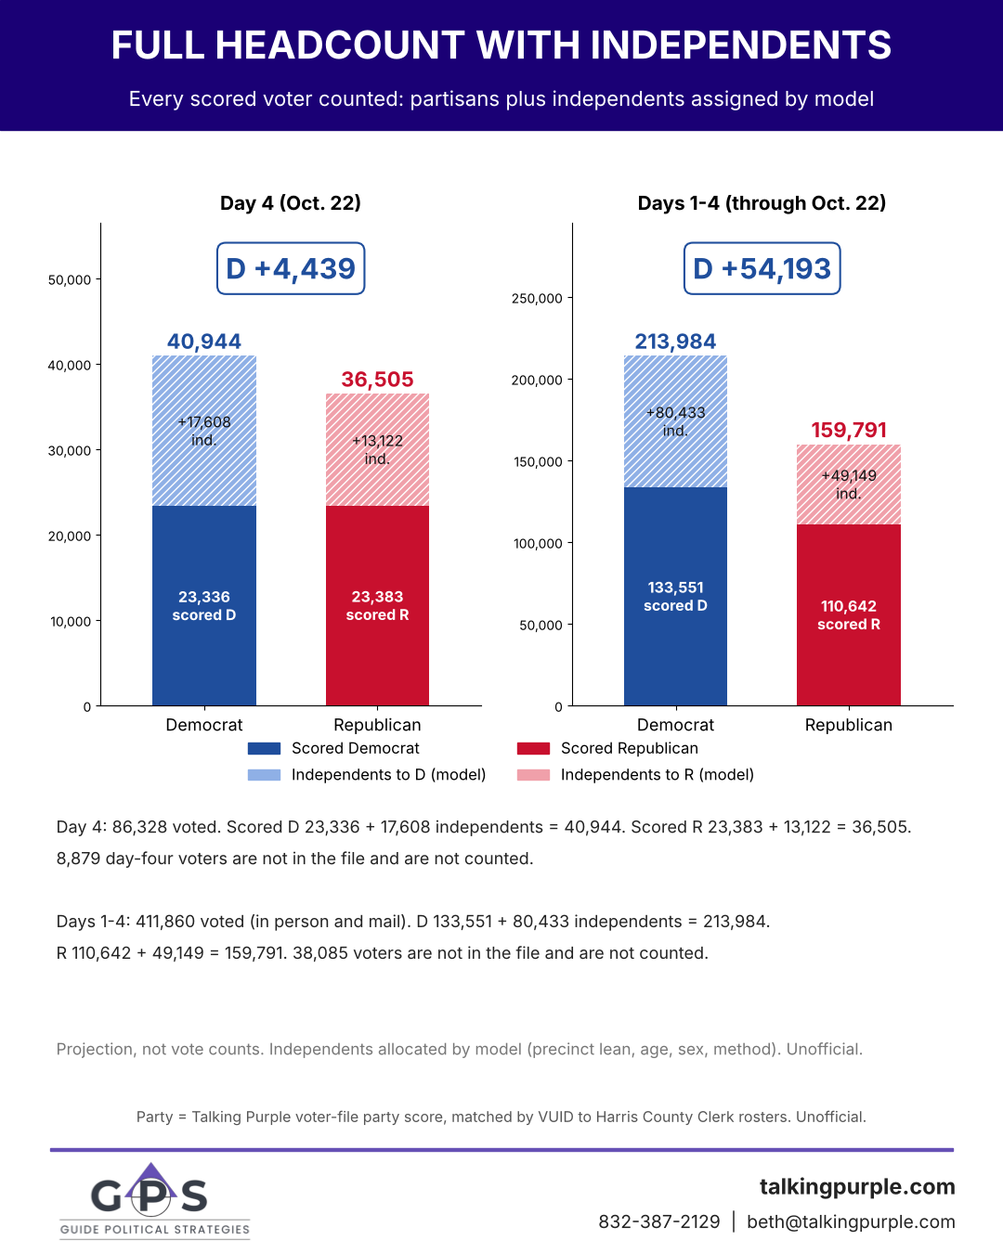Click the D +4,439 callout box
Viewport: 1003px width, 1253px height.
[x=291, y=268]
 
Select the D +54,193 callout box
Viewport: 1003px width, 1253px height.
[x=762, y=268]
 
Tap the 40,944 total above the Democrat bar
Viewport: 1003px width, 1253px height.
[x=204, y=342]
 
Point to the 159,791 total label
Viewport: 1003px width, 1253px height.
[x=849, y=430]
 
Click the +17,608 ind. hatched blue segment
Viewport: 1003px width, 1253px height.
[x=204, y=431]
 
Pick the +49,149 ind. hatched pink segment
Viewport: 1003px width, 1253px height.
[x=849, y=484]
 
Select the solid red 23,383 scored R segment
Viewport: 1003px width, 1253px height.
[x=377, y=605]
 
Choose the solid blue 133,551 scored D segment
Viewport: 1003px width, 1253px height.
[x=675, y=596]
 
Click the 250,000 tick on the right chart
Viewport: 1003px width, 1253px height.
[x=537, y=299]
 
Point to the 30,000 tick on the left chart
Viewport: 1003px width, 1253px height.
[x=70, y=451]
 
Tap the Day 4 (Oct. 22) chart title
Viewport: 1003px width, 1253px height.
[x=291, y=203]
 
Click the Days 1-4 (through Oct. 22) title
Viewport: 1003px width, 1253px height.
[x=762, y=203]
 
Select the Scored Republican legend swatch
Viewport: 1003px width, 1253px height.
[x=533, y=748]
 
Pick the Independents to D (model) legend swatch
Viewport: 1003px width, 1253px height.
[x=264, y=775]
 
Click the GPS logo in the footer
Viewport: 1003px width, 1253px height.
[x=154, y=1201]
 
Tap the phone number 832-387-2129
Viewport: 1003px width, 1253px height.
[x=659, y=1221]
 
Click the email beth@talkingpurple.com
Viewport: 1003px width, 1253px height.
[x=851, y=1221]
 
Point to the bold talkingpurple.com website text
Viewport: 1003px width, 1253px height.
[x=857, y=1186]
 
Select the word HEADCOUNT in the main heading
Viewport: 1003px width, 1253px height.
[x=340, y=45]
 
